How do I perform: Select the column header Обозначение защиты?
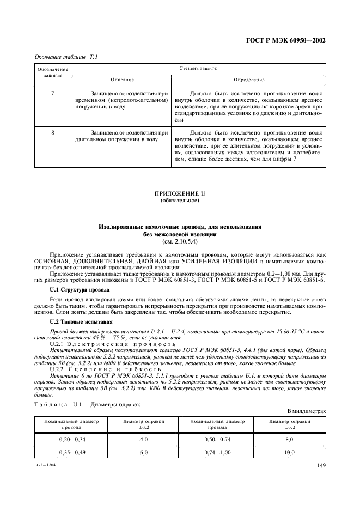[x=52, y=72]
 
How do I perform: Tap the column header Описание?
[x=123, y=80]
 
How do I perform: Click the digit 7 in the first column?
[x=52, y=94]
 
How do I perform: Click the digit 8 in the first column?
[x=52, y=132]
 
